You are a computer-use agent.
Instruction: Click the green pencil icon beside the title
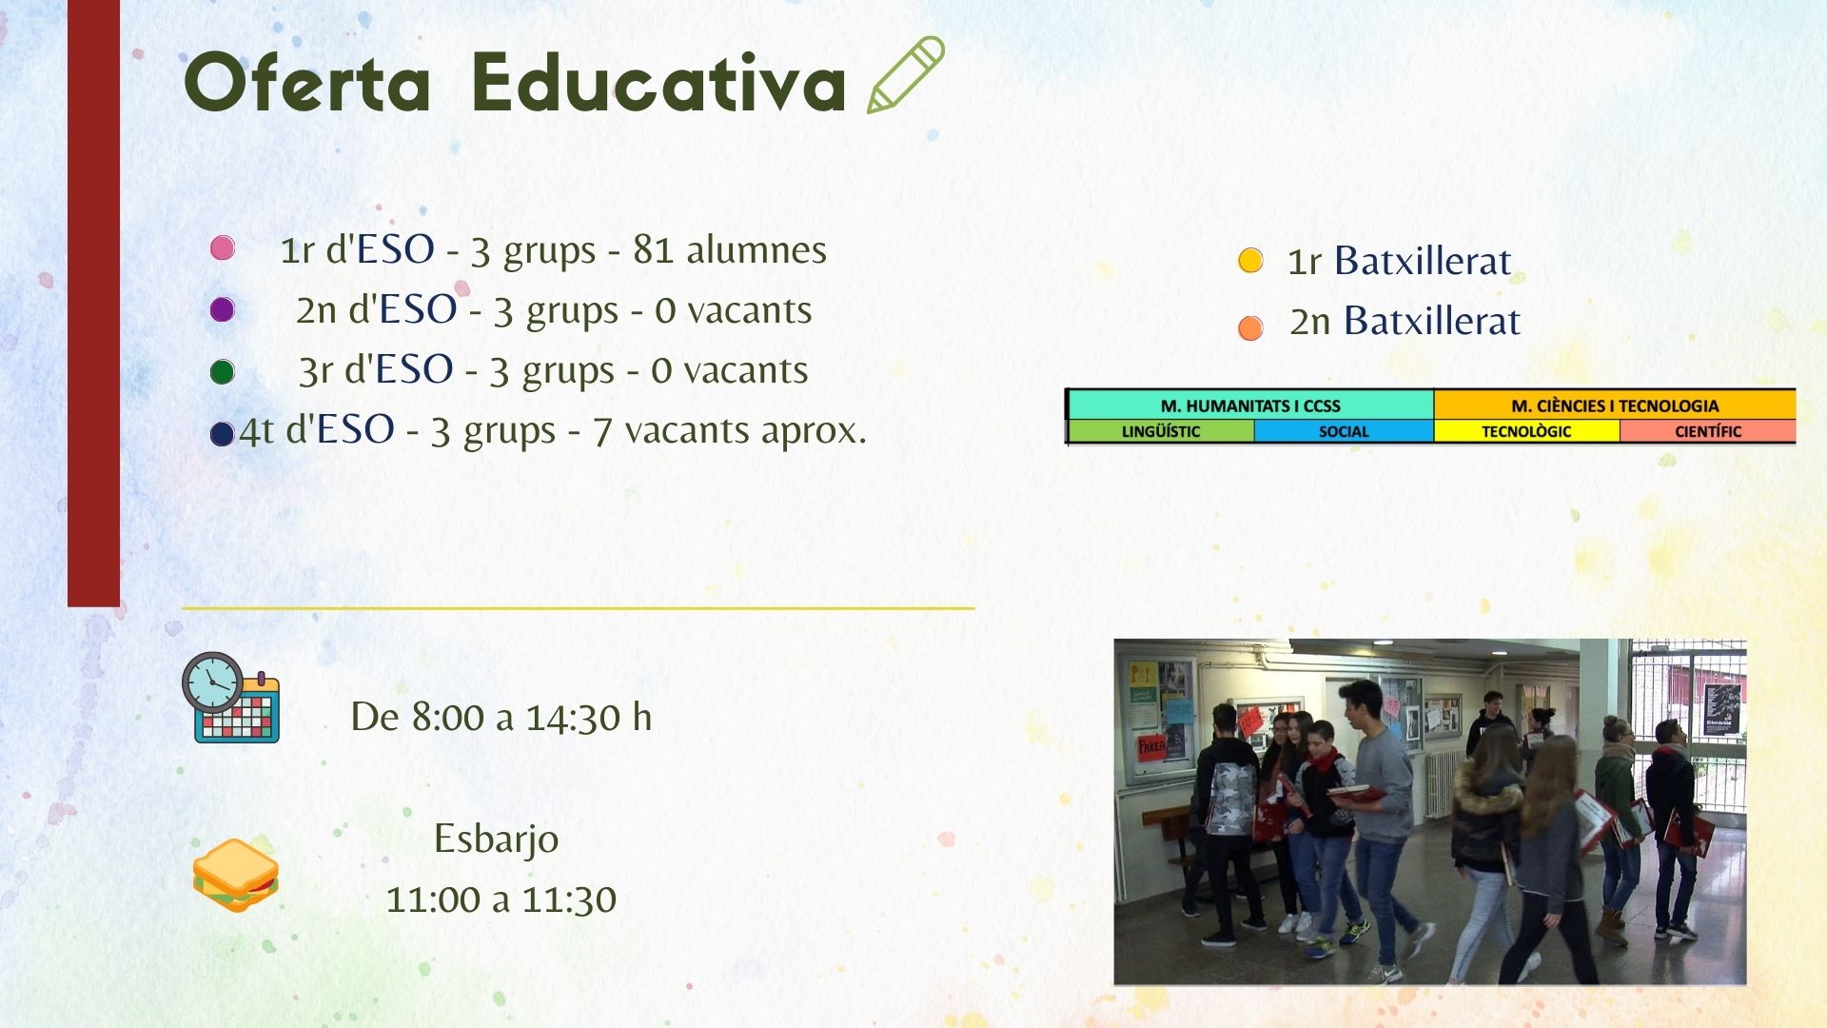pos(905,75)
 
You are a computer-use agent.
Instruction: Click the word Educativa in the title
pos(658,83)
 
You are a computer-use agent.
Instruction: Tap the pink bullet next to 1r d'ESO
pos(223,248)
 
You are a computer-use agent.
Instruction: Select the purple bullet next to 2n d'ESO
pos(223,309)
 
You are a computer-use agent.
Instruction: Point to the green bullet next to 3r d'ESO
pos(223,371)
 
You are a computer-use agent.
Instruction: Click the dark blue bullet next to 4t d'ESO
pos(223,434)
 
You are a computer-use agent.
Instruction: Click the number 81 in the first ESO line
pos(653,249)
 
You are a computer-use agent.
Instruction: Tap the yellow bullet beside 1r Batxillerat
pos(1250,260)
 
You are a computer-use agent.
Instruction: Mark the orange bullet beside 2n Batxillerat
pos(1250,328)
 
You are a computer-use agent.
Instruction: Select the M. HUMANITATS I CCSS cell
pos(1250,405)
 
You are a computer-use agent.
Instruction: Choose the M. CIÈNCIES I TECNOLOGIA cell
pos(1615,405)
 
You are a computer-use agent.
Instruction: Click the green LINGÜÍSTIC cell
pos(1161,431)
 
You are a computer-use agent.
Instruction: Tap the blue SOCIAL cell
pos(1344,431)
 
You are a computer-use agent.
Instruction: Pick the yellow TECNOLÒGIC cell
pos(1526,431)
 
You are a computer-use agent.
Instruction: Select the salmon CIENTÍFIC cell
pos(1708,431)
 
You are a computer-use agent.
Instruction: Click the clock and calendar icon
pos(231,697)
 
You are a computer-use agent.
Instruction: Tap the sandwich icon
pos(236,875)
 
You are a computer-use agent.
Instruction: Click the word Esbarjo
pos(496,840)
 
